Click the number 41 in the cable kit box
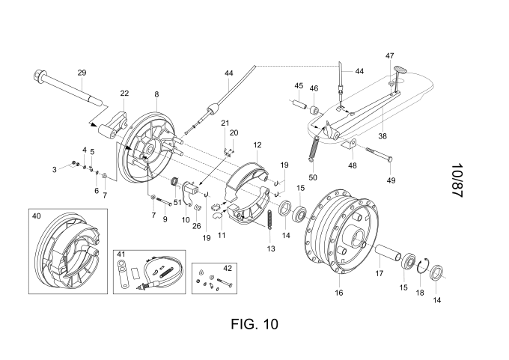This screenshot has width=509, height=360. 121,254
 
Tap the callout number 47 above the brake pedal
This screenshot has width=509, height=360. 389,56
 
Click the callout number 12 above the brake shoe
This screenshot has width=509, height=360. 257,144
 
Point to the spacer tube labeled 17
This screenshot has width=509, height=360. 382,252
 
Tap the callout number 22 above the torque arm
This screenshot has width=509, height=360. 124,93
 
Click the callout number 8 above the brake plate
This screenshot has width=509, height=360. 156,94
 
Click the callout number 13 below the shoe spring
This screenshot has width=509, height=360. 270,248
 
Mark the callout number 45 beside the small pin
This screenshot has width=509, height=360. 298,85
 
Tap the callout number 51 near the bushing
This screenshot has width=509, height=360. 177,202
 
